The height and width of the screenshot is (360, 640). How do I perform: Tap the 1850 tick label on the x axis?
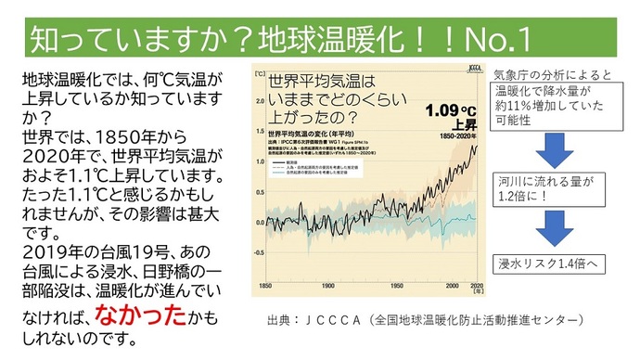[266, 285]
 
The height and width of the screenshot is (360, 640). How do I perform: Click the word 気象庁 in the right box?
[511, 74]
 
